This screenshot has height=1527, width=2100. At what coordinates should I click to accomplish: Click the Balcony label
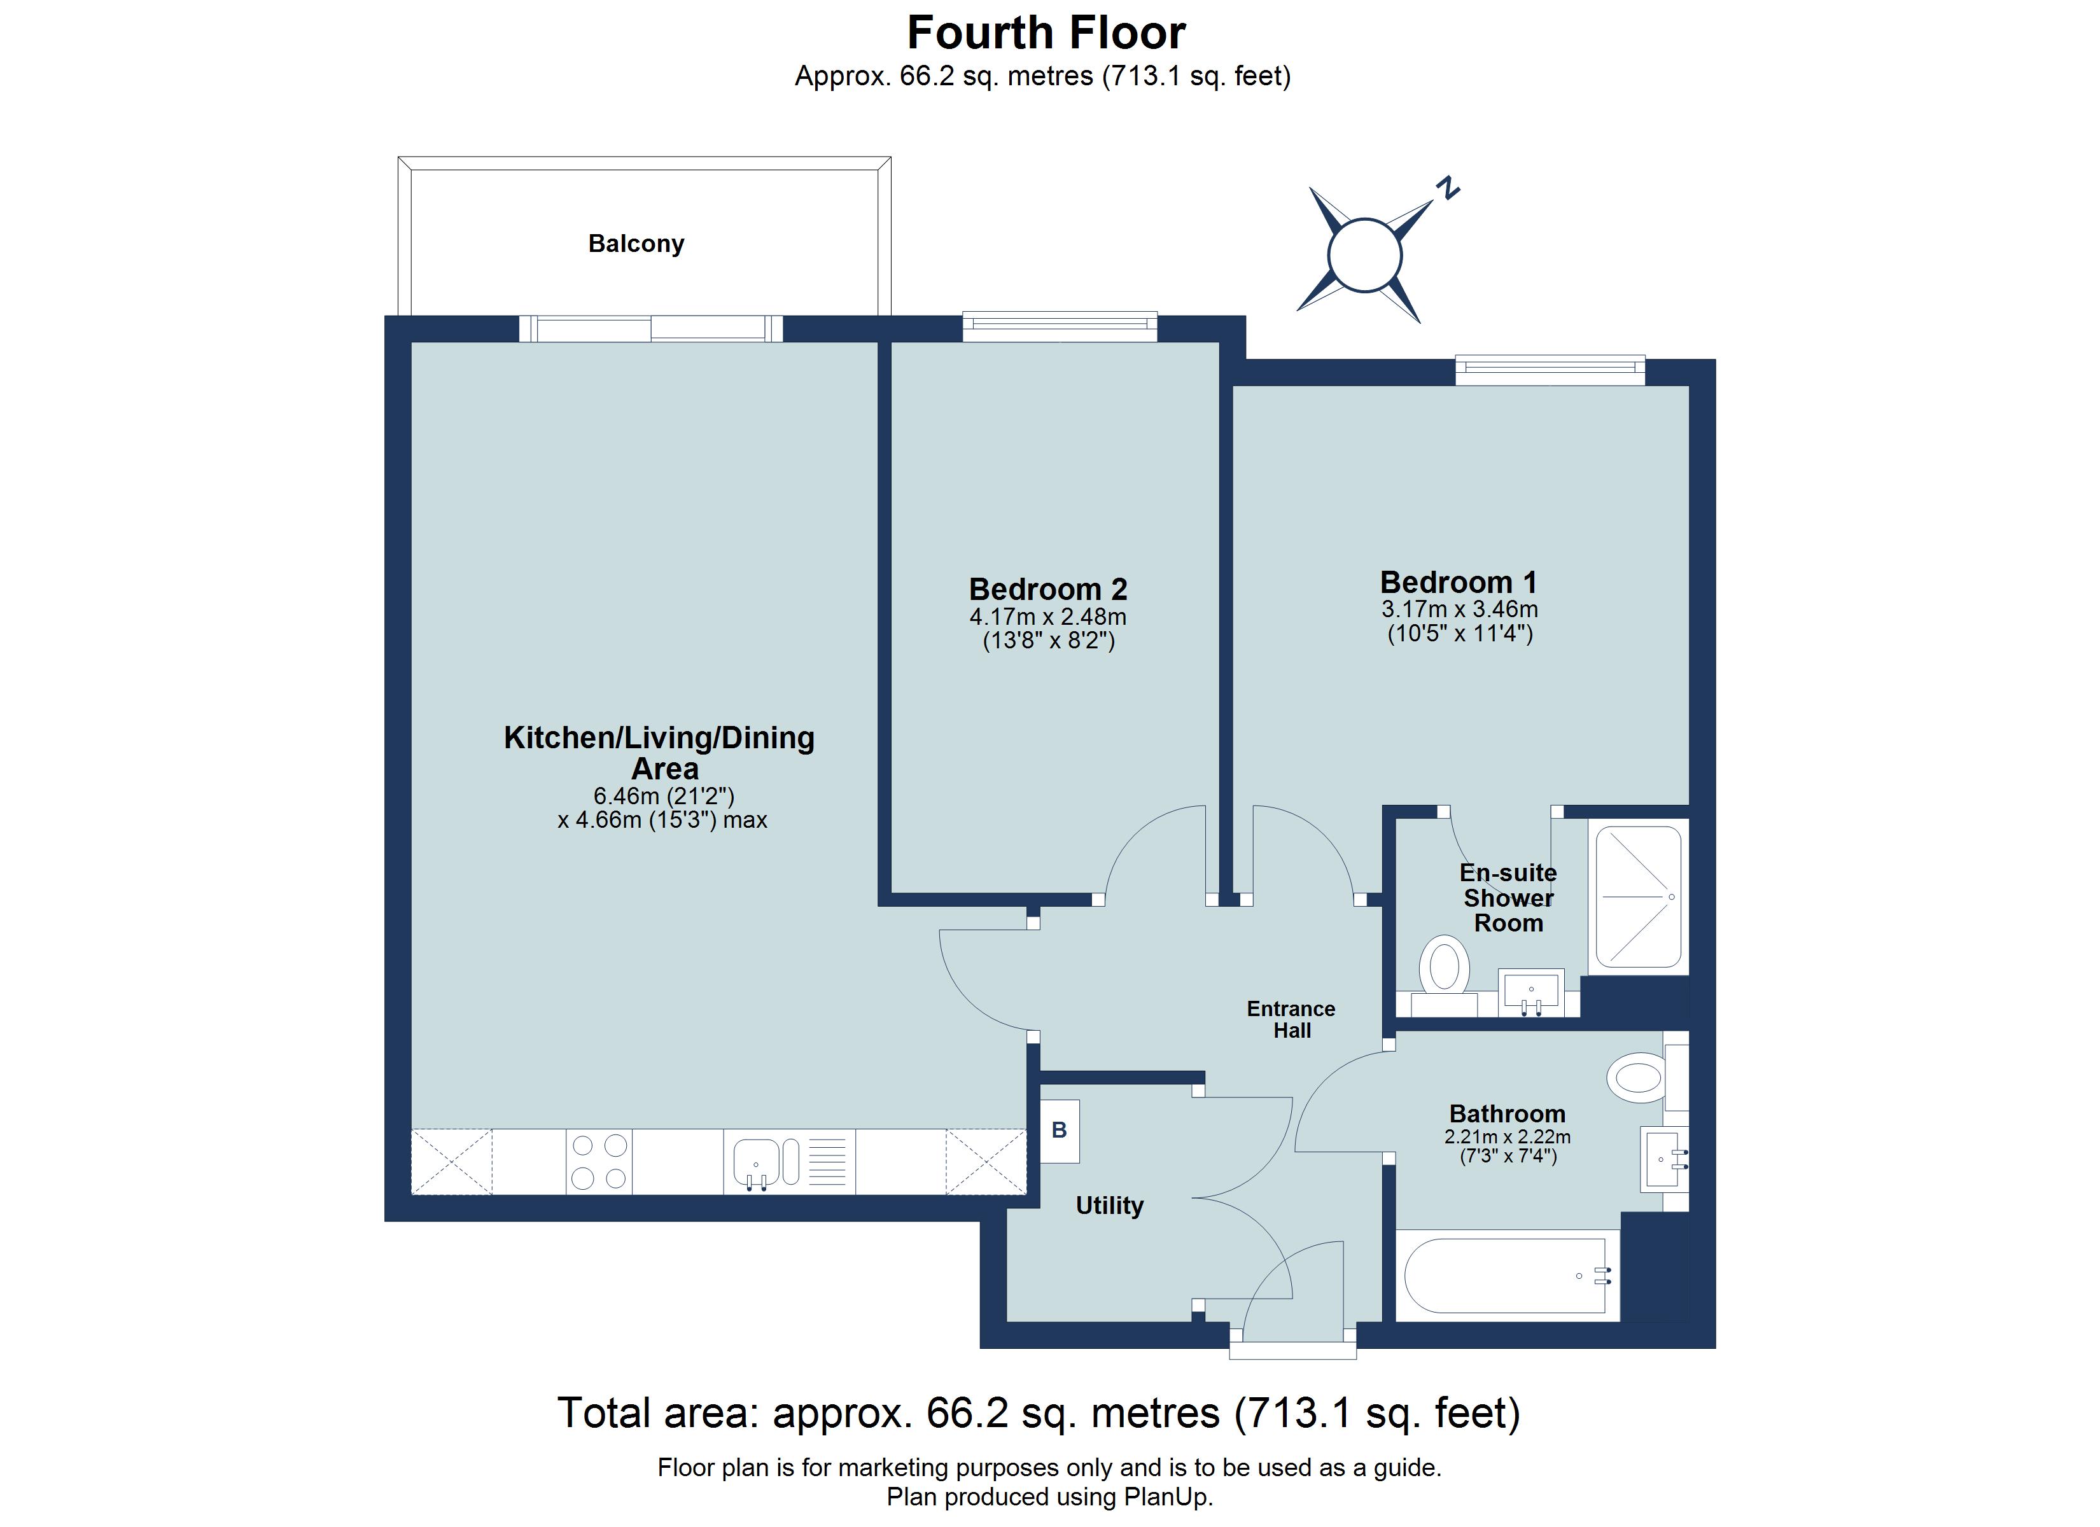click(636, 244)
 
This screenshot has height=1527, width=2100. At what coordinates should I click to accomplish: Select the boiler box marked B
click(1060, 1131)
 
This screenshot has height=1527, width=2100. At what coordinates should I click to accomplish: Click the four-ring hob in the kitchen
click(599, 1161)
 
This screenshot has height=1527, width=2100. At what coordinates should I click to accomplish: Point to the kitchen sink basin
click(755, 1161)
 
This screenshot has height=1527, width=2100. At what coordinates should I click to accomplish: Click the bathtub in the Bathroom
click(1506, 1276)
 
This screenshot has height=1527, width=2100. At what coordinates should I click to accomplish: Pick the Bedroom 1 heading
click(1459, 582)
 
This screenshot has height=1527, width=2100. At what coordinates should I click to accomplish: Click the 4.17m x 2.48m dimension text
click(1047, 617)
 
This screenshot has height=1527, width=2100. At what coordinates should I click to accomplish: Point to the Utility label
click(1109, 1206)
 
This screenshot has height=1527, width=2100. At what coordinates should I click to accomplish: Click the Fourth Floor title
click(1046, 33)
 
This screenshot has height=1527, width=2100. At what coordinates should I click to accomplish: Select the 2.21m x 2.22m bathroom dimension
click(1506, 1136)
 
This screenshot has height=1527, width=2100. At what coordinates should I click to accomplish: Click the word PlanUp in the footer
click(1166, 1496)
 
